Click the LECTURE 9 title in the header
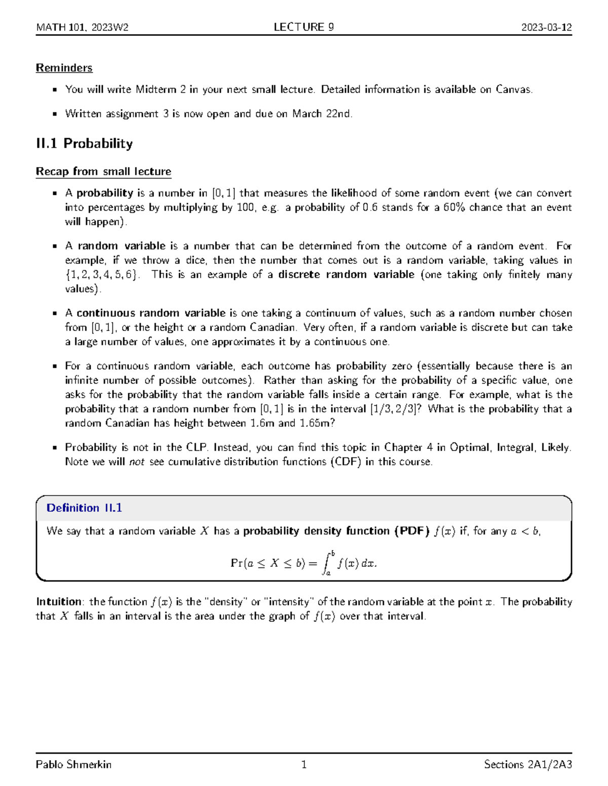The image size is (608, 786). (x=303, y=27)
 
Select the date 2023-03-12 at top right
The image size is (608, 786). (x=546, y=27)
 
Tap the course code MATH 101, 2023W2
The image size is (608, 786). (x=82, y=27)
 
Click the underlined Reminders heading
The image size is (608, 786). (x=64, y=68)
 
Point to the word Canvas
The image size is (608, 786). (x=513, y=90)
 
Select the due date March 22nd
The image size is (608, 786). (x=321, y=114)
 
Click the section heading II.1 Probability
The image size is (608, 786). (x=84, y=144)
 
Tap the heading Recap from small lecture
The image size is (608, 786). (x=103, y=172)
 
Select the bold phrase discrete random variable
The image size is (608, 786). (x=346, y=274)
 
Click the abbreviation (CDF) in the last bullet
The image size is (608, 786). (x=346, y=462)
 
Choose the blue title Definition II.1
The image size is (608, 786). (x=84, y=508)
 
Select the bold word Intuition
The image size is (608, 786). (x=59, y=602)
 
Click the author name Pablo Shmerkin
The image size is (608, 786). (x=73, y=764)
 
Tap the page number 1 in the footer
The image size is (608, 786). (x=303, y=764)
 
